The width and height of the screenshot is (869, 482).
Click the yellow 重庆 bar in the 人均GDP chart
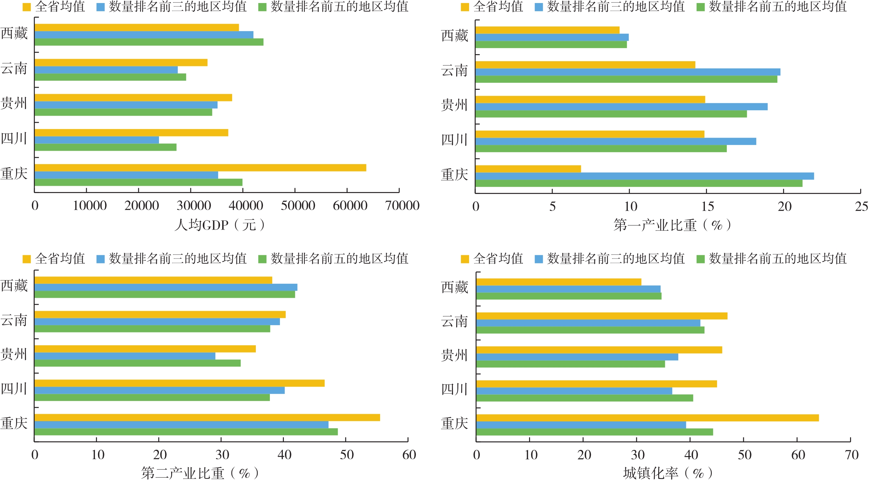coord(200,168)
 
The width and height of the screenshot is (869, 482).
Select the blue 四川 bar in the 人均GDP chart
coord(97,140)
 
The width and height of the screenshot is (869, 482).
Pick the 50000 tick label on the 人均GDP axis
coord(298,206)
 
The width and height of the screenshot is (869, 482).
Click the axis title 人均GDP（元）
coord(219,225)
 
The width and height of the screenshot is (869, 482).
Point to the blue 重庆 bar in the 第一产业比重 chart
coord(644,176)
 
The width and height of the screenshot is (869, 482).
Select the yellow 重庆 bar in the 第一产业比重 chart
coord(528,169)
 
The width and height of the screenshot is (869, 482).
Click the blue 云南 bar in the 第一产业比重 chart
coord(627,72)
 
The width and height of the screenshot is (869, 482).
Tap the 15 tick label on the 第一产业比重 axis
coord(707,206)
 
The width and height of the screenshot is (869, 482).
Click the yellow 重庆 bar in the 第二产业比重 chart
coord(207,417)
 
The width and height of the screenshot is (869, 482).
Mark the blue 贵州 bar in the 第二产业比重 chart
coord(125,356)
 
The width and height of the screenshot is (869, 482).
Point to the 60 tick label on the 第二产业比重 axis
coord(409,455)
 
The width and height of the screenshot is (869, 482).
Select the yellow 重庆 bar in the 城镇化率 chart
coord(647,417)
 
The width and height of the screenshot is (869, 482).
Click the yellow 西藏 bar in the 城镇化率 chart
coord(559,282)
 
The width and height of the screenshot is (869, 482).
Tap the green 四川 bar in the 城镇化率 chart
coord(585,398)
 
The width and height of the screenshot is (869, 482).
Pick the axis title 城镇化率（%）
coord(668,473)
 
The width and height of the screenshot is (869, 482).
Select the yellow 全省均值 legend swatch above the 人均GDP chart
coord(26,7)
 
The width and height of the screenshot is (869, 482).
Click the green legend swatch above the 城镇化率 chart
coord(700,259)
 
